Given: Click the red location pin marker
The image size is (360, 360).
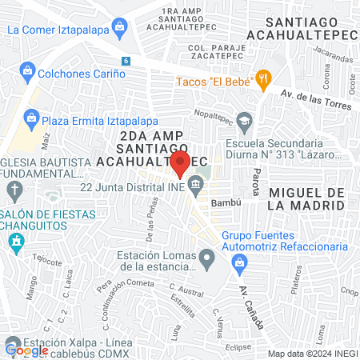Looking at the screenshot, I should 181,164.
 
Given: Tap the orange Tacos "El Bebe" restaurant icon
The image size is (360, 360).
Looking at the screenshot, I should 263,79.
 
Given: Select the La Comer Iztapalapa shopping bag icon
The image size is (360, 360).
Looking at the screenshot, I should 119,29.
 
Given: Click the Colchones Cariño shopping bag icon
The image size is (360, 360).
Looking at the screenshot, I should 27,73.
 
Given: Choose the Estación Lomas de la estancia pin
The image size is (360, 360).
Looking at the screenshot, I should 207,258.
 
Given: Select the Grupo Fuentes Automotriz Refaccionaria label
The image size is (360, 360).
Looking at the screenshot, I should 285,242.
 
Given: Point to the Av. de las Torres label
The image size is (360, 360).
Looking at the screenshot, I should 315,99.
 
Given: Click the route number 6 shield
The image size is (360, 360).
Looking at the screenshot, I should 125,61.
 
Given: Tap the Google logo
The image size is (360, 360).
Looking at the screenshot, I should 27,350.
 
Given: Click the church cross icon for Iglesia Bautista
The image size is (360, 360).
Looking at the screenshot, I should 14,190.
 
